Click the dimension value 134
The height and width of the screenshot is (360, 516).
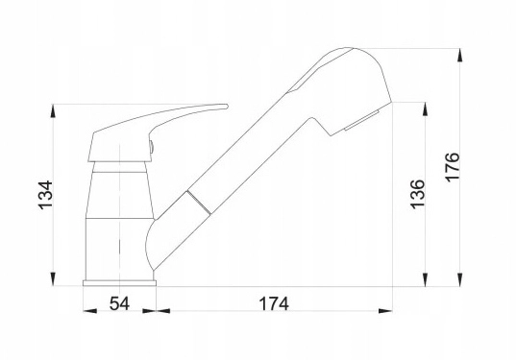45,195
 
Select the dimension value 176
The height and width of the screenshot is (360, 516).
452,167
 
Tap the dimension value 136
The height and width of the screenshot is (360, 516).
417,194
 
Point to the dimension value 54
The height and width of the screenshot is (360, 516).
119,303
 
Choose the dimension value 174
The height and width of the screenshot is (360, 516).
274,303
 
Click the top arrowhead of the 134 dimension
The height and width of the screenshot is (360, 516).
53,111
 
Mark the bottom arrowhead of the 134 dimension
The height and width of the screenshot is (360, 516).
53,279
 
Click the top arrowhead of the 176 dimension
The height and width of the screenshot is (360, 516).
459,56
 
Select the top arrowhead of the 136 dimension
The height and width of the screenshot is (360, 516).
425,109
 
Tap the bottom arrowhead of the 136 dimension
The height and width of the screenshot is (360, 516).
425,279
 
